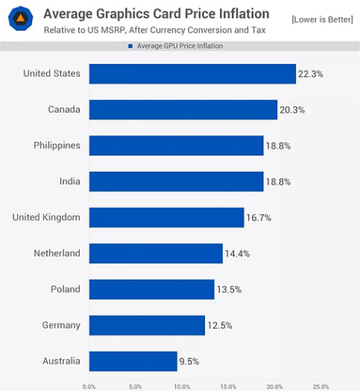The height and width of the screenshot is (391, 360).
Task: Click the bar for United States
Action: (x=192, y=74)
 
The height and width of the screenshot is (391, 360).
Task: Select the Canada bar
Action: (x=183, y=109)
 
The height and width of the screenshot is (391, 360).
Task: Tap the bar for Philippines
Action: (x=176, y=145)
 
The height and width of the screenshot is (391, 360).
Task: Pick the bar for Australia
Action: (x=133, y=361)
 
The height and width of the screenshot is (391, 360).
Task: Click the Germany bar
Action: (x=147, y=325)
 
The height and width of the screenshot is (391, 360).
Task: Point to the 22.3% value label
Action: (x=309, y=74)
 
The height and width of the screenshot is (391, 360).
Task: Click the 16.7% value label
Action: (x=258, y=217)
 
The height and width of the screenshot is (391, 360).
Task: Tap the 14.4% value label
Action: (x=237, y=253)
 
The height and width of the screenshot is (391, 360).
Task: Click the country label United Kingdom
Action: (x=46, y=217)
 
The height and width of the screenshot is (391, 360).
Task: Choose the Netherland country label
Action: (x=56, y=253)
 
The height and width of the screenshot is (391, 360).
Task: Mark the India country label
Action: (x=69, y=181)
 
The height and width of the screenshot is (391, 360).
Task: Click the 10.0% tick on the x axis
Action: (x=182, y=386)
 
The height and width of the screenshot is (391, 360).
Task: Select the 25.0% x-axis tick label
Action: (x=321, y=386)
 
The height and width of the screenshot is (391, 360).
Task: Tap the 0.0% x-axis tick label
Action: (x=89, y=386)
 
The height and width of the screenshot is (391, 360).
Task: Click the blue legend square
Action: (x=129, y=47)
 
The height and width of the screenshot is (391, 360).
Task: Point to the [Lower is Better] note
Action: (x=321, y=17)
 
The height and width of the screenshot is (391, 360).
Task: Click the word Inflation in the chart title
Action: (x=242, y=14)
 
